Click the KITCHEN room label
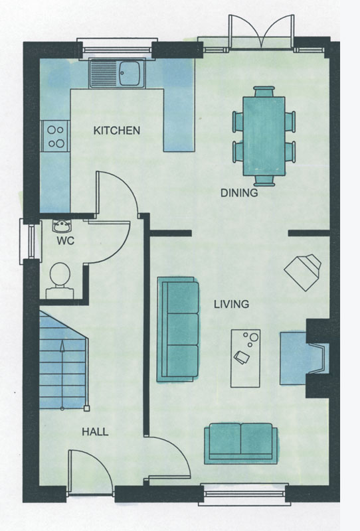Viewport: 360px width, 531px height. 117,130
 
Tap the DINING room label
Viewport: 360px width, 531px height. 239,193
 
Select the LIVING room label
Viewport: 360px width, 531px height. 232,304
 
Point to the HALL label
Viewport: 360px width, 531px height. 95,432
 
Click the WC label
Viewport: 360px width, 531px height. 65,241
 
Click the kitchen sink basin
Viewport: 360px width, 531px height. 129,74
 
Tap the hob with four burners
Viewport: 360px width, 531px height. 56,136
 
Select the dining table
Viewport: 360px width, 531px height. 264,136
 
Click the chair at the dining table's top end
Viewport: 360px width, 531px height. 264,92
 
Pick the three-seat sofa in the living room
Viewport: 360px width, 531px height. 178,329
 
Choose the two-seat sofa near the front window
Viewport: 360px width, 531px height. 240,443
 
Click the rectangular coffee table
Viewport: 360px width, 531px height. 245,358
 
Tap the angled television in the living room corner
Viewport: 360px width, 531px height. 303,272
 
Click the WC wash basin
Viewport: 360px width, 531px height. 62,226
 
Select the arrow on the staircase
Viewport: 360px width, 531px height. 62,375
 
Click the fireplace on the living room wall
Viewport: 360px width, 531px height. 304,358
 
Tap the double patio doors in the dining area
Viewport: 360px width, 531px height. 260,33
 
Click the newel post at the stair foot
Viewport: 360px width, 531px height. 87,408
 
